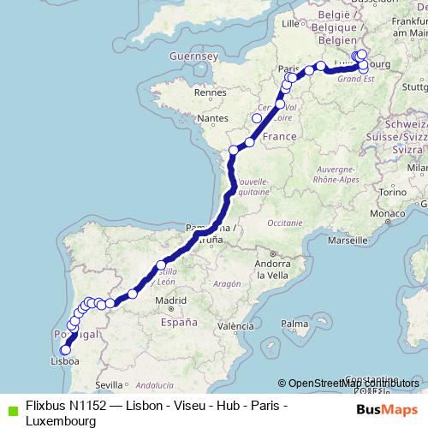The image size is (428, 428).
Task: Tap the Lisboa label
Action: [67, 361]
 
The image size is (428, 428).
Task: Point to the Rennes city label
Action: [210, 92]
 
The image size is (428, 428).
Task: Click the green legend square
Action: [10, 407]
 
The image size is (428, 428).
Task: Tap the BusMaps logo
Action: [386, 408]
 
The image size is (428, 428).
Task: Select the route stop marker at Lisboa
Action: [65, 349]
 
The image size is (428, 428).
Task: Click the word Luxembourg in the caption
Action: [61, 421]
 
